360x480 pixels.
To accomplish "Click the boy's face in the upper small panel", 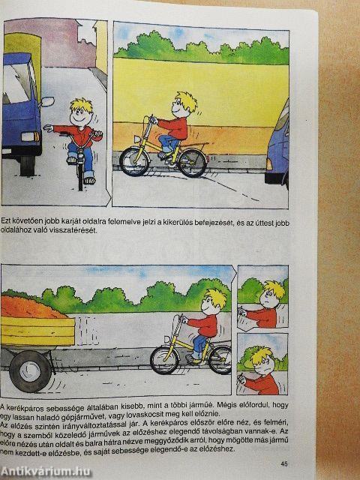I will pyautogui.click(x=271, y=298).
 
